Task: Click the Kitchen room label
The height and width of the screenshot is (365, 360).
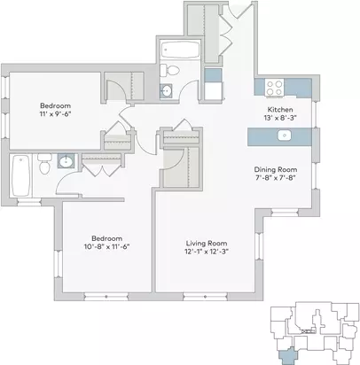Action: [x=280, y=110]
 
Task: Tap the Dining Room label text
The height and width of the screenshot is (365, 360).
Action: [x=276, y=170]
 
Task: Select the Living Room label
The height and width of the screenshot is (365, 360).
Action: [x=207, y=244]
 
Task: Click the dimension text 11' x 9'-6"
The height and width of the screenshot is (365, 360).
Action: [x=56, y=114]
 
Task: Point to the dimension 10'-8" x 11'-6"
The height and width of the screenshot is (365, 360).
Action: [x=107, y=246]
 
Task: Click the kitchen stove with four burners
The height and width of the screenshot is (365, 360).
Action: [x=274, y=88]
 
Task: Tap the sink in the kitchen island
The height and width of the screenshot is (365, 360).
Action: [x=285, y=136]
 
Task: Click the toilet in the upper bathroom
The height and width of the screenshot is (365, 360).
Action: [x=169, y=71]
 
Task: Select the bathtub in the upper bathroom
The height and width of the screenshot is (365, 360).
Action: [x=180, y=50]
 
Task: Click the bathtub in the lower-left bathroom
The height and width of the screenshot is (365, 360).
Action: [x=20, y=175]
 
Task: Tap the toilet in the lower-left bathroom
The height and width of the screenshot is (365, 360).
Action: [x=44, y=164]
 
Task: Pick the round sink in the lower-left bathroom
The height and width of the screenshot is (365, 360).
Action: [x=65, y=161]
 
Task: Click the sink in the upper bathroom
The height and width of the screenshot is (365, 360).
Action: [x=167, y=90]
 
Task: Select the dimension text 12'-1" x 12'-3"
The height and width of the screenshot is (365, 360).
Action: [x=207, y=252]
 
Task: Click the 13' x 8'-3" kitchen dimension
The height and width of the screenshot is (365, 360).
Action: [x=280, y=118]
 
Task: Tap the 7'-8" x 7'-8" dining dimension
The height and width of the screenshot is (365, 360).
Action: [x=276, y=178]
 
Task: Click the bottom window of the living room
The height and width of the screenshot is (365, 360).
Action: [x=206, y=296]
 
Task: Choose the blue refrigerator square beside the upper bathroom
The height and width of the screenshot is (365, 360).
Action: [x=213, y=75]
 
